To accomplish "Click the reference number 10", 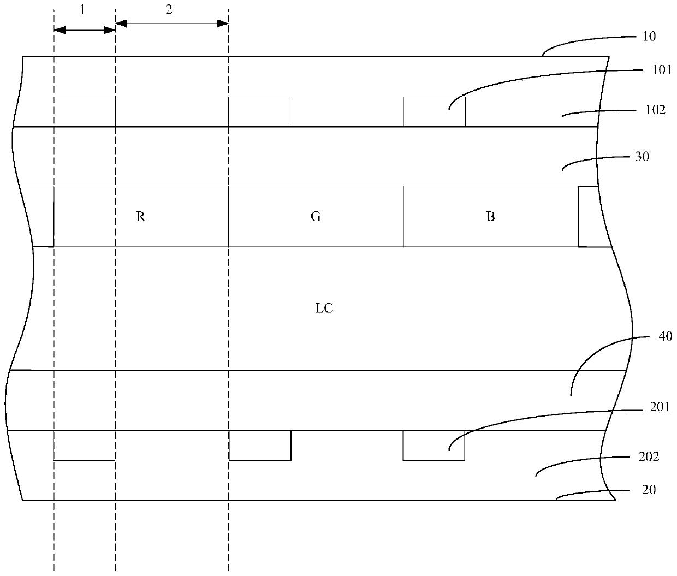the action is click(649, 37).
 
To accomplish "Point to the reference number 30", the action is click(643, 157).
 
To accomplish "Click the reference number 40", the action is click(666, 337).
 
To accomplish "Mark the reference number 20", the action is click(649, 490).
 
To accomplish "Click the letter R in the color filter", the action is click(141, 217).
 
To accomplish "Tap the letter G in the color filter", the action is click(316, 217).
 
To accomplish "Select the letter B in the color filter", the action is click(490, 217).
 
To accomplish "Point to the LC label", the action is click(324, 308).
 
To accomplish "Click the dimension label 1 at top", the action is click(82, 10).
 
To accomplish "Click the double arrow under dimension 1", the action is click(85, 30).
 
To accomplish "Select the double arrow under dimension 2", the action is click(172, 23).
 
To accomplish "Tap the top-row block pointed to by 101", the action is click(434, 112).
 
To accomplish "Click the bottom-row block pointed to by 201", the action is click(434, 445).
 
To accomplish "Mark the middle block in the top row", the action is click(259, 112).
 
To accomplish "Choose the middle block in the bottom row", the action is click(260, 445).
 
